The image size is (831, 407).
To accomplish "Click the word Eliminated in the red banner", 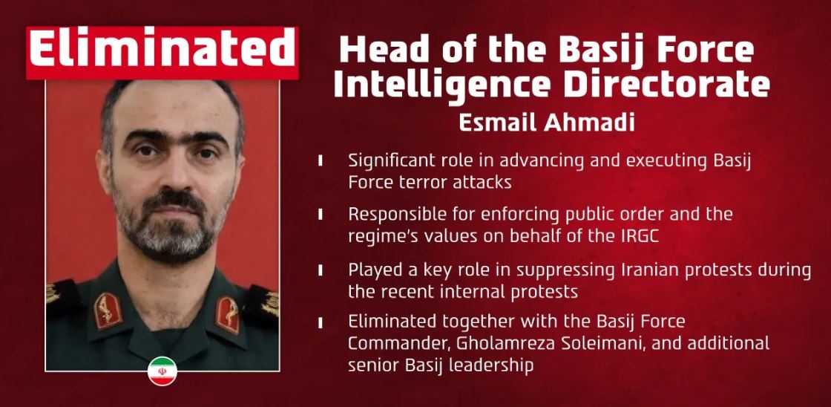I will tap(162, 51).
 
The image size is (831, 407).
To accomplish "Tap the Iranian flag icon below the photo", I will tap(162, 371).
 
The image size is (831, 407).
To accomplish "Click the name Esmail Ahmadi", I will tap(547, 123).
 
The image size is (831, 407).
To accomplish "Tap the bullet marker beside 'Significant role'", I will tap(320, 160).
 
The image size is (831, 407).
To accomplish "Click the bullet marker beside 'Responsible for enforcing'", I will tap(320, 214).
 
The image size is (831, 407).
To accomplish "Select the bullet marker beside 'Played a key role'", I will tap(320, 269).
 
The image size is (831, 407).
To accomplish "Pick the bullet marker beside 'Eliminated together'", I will tap(320, 322).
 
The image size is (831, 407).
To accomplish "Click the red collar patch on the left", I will tap(108, 310).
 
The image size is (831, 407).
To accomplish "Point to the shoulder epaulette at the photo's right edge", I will tap(270, 301).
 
